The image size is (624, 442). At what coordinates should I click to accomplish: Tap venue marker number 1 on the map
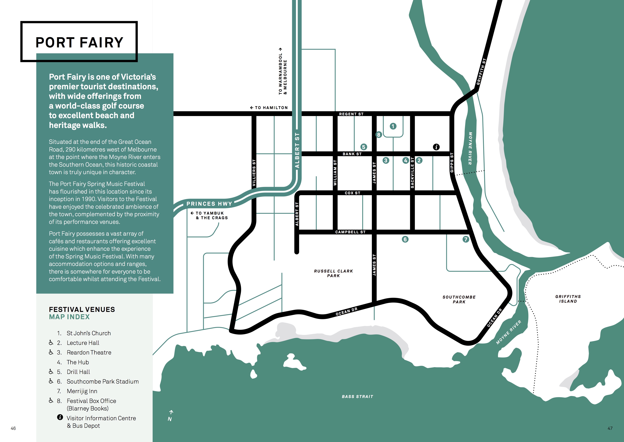pyautogui.click(x=393, y=126)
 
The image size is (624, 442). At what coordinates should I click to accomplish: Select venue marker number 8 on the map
pyautogui.click(x=378, y=134)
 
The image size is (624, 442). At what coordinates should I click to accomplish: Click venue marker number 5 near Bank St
pyautogui.click(x=364, y=147)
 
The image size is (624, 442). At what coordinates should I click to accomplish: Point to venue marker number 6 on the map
pyautogui.click(x=405, y=239)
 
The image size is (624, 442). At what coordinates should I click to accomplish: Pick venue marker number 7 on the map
pyautogui.click(x=466, y=239)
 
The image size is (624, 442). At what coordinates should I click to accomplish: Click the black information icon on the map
pyautogui.click(x=436, y=147)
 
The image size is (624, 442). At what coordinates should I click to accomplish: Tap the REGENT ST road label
pyautogui.click(x=351, y=114)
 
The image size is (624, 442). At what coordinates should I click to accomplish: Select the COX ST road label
pyautogui.click(x=352, y=193)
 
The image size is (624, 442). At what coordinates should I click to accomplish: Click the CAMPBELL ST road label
pyautogui.click(x=350, y=232)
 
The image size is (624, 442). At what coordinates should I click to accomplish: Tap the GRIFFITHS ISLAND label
pyautogui.click(x=568, y=299)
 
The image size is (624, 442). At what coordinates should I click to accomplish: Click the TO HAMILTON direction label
pyautogui.click(x=269, y=108)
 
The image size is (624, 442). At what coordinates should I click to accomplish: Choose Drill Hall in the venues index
pyautogui.click(x=78, y=372)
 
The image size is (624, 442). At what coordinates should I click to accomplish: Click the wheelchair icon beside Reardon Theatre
pyautogui.click(x=51, y=352)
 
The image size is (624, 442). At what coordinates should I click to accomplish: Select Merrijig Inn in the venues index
pyautogui.click(x=82, y=391)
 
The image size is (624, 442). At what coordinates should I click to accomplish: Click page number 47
pyautogui.click(x=610, y=428)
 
